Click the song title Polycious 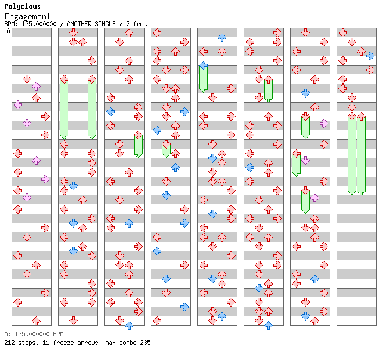23,6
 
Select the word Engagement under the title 27,17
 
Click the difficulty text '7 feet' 136,24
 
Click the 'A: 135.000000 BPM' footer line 34,334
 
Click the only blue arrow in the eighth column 370,56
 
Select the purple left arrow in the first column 18,105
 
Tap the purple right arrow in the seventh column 324,124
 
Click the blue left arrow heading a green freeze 204,66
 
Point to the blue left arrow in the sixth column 250,167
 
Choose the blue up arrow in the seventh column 315,279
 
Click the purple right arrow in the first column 45,179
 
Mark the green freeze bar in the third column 138,146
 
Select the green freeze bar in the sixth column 268,91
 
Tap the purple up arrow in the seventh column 315,198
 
